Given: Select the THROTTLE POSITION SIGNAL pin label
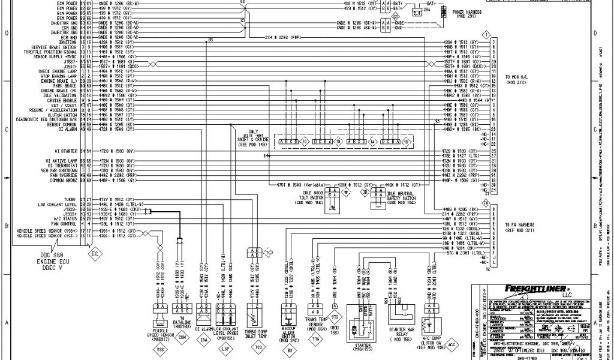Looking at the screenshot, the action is tap(53, 52).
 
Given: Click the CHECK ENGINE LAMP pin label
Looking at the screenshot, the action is tap(59, 71).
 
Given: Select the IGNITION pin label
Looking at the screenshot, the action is tap(68, 42).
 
